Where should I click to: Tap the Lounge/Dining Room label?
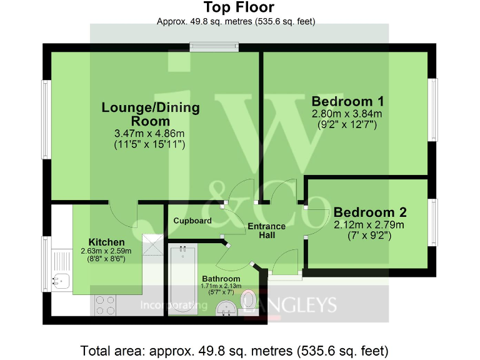click(151, 114)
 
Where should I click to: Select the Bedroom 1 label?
click(347, 102)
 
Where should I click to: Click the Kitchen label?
click(106, 242)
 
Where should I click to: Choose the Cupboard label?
click(192, 221)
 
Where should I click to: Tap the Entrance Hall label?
click(266, 231)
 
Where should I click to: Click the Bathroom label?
click(221, 279)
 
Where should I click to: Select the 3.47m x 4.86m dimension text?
click(150, 134)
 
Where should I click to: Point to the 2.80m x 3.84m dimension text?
click(347, 114)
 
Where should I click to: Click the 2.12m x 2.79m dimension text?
click(369, 225)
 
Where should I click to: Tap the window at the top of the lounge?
click(214, 46)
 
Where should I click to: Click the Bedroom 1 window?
click(432, 109)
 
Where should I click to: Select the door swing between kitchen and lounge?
click(123, 215)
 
